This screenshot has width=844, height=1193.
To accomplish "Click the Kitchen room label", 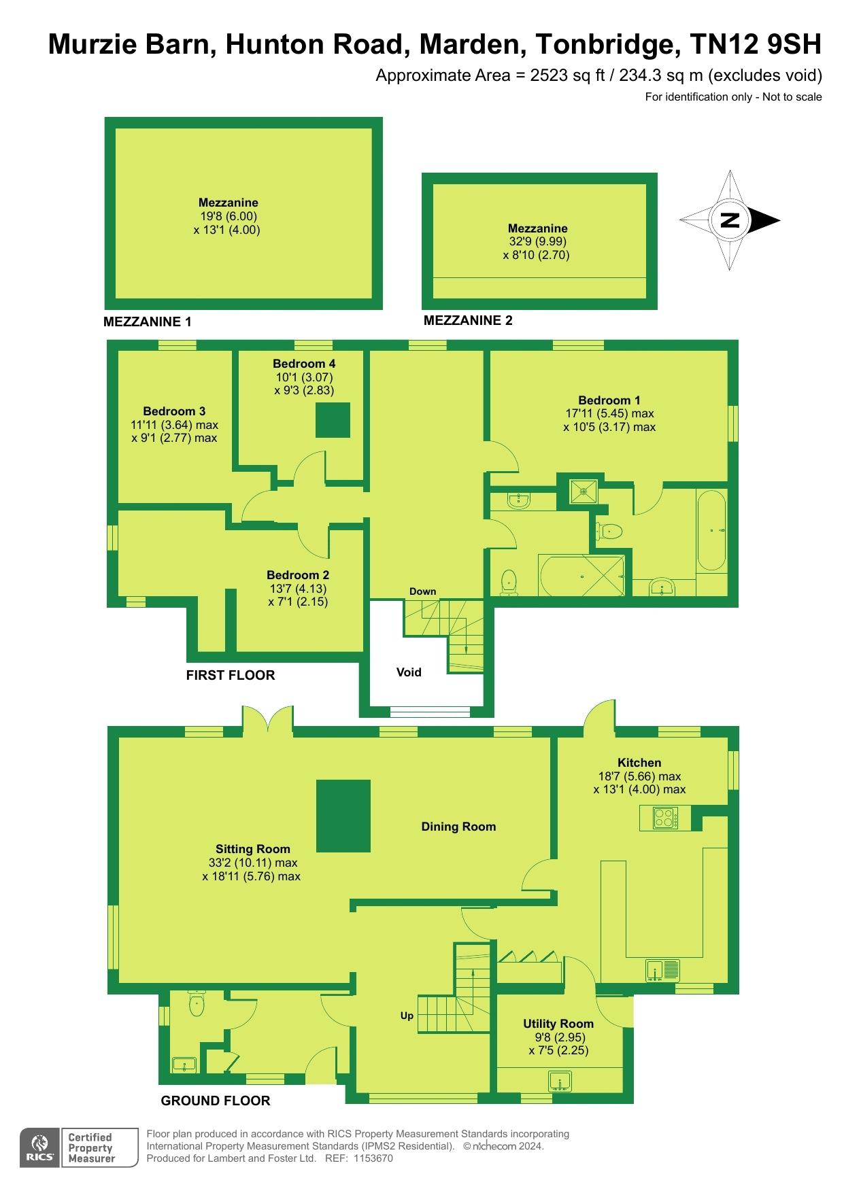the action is pyautogui.click(x=639, y=763).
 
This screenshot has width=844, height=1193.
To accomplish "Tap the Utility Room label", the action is pyautogui.click(x=558, y=1023).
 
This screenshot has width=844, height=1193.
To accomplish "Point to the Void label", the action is pyautogui.click(x=409, y=672).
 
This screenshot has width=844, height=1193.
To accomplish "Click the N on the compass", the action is pyautogui.click(x=730, y=220).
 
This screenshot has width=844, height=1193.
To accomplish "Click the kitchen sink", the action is pyautogui.click(x=662, y=970).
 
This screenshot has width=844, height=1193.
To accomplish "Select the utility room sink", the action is pyautogui.click(x=561, y=1080).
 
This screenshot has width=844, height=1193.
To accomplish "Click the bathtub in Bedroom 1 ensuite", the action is pyautogui.click(x=711, y=530).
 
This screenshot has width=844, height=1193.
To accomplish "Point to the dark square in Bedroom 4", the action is pyautogui.click(x=333, y=420).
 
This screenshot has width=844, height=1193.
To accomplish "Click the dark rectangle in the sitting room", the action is pyautogui.click(x=343, y=816).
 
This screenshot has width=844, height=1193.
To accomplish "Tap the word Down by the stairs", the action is pyautogui.click(x=422, y=591).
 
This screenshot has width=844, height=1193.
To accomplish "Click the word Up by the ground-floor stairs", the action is pyautogui.click(x=407, y=1016).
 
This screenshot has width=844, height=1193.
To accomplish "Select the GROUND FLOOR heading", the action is pyautogui.click(x=215, y=1101).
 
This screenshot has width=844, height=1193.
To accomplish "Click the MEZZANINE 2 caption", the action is pyautogui.click(x=468, y=320).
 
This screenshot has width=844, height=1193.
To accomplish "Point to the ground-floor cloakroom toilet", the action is pyautogui.click(x=197, y=1005).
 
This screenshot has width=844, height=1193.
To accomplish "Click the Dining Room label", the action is pyautogui.click(x=458, y=827).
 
